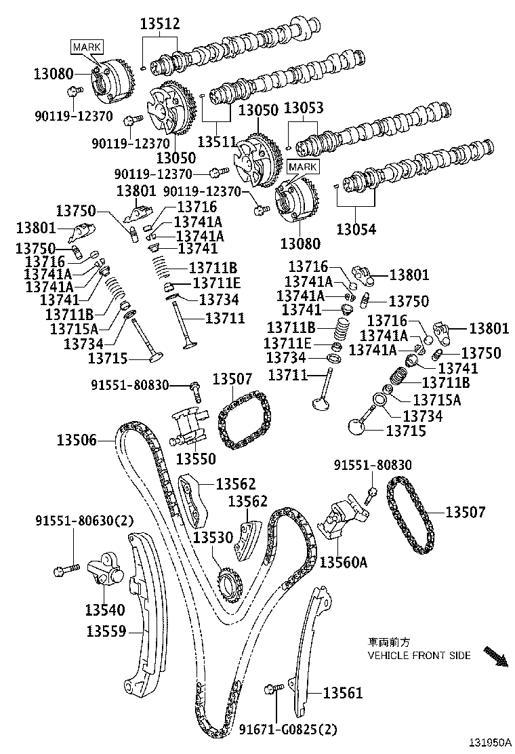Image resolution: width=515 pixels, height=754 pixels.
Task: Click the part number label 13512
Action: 160,24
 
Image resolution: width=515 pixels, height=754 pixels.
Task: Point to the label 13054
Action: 357,229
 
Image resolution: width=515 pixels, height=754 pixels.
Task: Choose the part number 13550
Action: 196,459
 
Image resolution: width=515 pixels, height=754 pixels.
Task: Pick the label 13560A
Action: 344,562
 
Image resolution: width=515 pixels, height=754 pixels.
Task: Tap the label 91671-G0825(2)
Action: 287,730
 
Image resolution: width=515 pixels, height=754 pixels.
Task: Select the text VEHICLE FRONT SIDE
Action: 418,656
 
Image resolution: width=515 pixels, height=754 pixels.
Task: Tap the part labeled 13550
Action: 188,423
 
